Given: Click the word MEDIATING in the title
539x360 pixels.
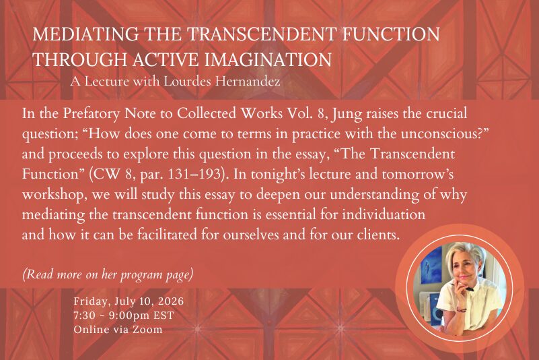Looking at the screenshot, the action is (86, 34).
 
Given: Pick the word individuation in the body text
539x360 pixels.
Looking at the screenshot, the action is (384, 214).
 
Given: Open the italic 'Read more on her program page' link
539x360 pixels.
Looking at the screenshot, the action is (108, 274).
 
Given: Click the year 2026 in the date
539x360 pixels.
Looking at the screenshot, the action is (171, 301).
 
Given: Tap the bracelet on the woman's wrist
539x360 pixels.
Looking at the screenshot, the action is (461, 310).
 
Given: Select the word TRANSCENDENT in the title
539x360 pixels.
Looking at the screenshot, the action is (262, 34).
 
